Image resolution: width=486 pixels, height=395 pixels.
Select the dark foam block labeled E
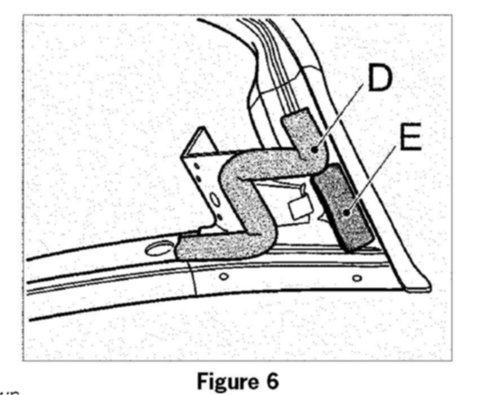tap(344, 208)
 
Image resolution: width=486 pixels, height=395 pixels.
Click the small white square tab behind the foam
tap(298, 209)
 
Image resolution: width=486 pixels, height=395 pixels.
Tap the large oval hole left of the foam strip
tap(161, 247)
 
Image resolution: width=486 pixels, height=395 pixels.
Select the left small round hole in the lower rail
tap(224, 277)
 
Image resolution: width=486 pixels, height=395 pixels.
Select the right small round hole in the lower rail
tap(356, 278)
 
